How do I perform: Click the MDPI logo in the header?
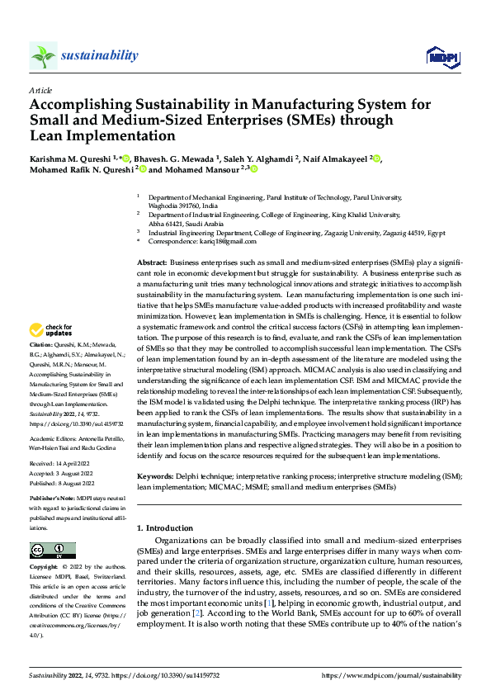coord(441,55)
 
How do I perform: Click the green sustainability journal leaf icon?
coord(43,55)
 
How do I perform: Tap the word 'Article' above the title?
coord(40,89)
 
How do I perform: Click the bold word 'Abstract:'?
coord(151,261)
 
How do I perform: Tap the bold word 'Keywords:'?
coord(153,477)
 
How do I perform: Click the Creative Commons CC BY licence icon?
coord(52,551)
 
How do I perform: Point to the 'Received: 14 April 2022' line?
coord(60,465)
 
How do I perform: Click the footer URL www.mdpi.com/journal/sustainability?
coord(394,675)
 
